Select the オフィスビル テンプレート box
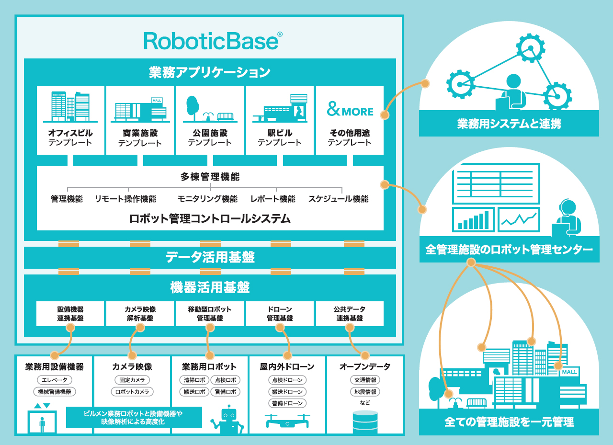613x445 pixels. (70, 120)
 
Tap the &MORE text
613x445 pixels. (350, 111)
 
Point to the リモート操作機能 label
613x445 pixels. (125, 199)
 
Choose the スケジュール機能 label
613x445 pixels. (338, 199)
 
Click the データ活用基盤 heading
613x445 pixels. (210, 258)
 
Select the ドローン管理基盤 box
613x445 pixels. (280, 314)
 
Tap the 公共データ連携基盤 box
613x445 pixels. (350, 314)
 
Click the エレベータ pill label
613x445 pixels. (55, 380)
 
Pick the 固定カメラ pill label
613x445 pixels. (132, 380)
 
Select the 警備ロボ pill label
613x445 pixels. (225, 392)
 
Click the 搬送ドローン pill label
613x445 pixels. (287, 392)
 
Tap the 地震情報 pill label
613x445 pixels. (365, 392)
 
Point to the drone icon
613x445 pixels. (287, 421)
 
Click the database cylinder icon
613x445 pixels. (365, 421)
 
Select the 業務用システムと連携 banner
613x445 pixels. (509, 124)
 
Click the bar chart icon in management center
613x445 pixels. (473, 219)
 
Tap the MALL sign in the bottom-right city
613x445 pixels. (569, 372)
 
